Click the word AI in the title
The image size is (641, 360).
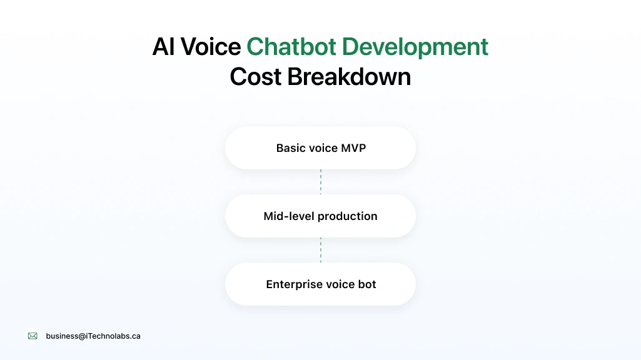pos(163,47)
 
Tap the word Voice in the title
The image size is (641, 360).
pos(211,47)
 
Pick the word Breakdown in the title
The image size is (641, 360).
pos(349,77)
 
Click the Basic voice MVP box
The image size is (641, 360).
pos(320,148)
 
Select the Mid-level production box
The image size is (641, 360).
pos(320,216)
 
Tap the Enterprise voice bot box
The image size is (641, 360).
pos(320,284)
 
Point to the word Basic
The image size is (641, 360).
pos(291,148)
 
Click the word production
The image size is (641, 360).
pos(348,216)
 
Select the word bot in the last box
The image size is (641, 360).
pos(367,284)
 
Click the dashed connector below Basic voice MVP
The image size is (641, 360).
pos(321,182)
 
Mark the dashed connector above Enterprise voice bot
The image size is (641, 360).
pos(321,250)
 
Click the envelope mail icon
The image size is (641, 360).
pos(33,336)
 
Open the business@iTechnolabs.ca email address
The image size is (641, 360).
pos(93,336)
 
